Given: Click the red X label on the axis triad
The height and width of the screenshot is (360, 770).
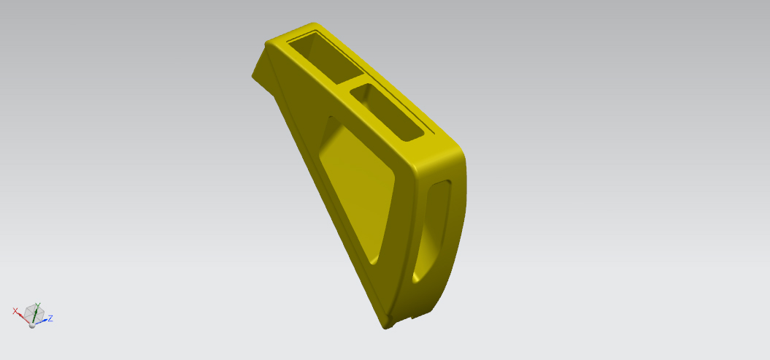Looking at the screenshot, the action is (15, 311).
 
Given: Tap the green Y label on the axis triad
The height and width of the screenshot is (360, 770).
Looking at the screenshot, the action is (38, 305).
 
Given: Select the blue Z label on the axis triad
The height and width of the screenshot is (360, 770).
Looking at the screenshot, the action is (50, 318).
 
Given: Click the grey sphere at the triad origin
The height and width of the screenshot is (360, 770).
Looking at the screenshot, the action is (32, 325).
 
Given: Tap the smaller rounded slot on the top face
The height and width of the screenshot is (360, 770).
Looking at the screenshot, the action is (387, 113).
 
